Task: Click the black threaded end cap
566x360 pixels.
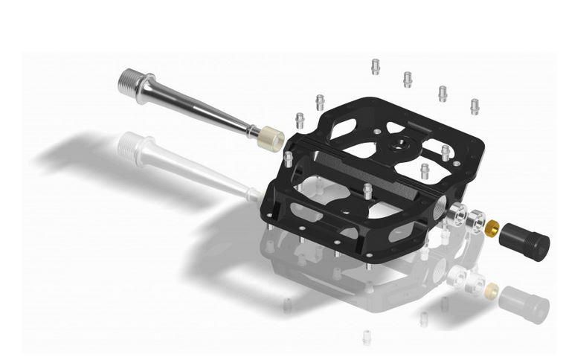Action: pyautogui.click(x=524, y=237)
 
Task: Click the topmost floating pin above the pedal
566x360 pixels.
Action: pyautogui.click(x=375, y=65)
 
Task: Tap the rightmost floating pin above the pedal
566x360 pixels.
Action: pyautogui.click(x=474, y=106)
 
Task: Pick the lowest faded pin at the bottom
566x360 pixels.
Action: pyautogui.click(x=366, y=336)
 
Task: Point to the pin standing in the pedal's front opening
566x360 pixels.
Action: pyautogui.click(x=367, y=190)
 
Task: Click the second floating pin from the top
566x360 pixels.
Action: pyautogui.click(x=407, y=78)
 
